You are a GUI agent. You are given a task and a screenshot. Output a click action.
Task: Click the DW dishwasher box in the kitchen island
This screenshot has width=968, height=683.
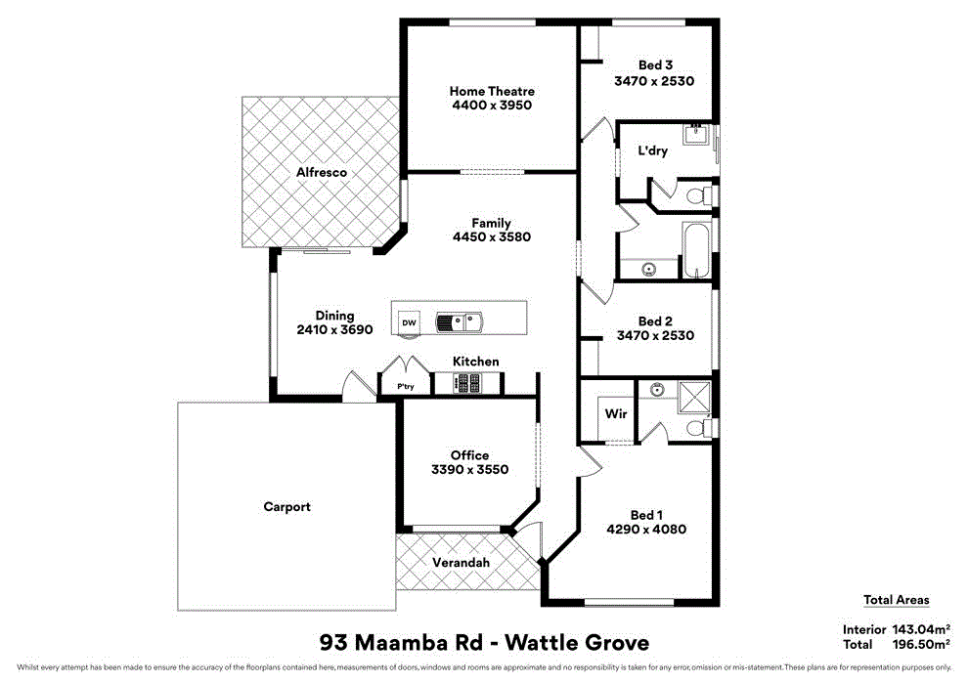click(409, 322)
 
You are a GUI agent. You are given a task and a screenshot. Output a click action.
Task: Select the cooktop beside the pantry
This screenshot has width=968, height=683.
click(468, 384)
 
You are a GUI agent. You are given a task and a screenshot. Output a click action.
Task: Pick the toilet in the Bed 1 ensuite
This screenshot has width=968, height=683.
click(698, 428)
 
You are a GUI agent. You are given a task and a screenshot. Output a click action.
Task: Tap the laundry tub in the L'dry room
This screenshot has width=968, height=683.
click(696, 135)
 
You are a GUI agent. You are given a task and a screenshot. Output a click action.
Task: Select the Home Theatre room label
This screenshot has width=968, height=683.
click(492, 91)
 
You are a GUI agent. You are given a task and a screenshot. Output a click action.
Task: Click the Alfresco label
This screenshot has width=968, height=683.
click(322, 172)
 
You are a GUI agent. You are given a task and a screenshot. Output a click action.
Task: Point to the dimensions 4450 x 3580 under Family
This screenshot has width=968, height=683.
click(491, 236)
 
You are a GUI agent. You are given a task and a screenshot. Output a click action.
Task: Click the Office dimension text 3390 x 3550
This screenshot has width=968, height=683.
click(469, 469)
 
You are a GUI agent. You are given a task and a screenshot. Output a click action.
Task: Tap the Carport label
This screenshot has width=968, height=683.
click(286, 506)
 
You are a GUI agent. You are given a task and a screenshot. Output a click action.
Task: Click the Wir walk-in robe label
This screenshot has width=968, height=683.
click(615, 414)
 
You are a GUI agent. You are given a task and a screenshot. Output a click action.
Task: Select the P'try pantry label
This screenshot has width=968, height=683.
click(405, 388)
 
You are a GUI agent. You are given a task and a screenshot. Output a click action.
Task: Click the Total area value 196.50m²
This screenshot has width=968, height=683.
click(920, 645)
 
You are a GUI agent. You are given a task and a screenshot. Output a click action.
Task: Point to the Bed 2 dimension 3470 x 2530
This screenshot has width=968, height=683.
click(654, 335)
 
